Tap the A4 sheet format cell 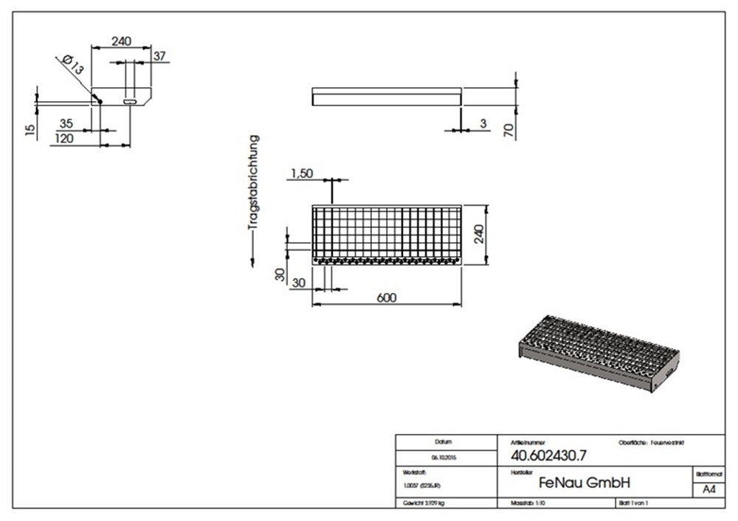coord(708,489)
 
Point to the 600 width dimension coord(387,297)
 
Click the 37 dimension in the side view coord(159,55)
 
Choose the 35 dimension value coord(66,123)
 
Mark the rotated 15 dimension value coord(30,130)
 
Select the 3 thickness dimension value coord(483,123)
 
